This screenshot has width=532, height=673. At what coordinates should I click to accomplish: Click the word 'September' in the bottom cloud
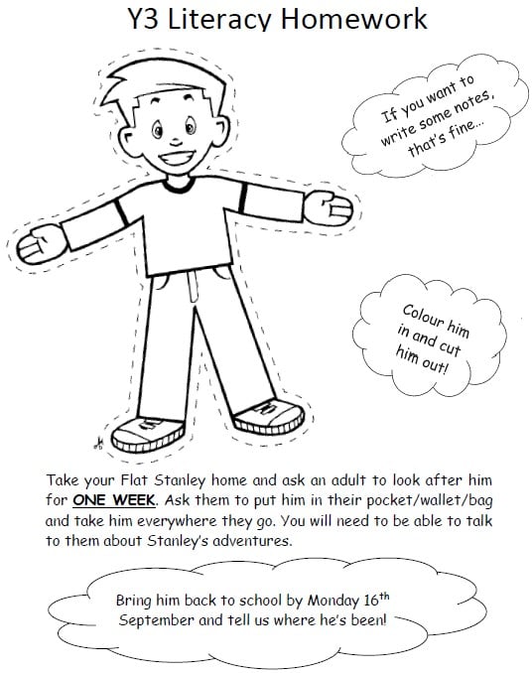tap(162, 619)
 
